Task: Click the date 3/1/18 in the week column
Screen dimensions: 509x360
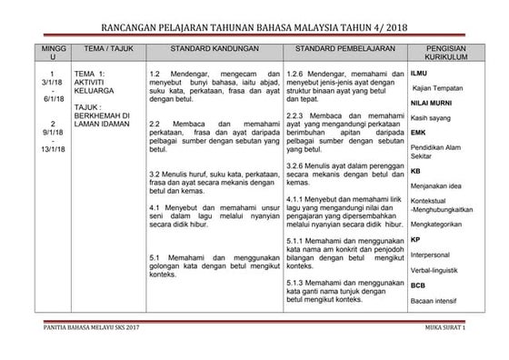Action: [52, 83]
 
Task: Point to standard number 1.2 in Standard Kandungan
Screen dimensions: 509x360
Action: [154, 72]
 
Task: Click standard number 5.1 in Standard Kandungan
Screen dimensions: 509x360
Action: [154, 256]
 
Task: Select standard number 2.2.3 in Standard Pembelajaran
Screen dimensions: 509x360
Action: [295, 116]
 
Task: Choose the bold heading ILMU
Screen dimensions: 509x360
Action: [419, 72]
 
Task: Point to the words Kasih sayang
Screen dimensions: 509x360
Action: [431, 118]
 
